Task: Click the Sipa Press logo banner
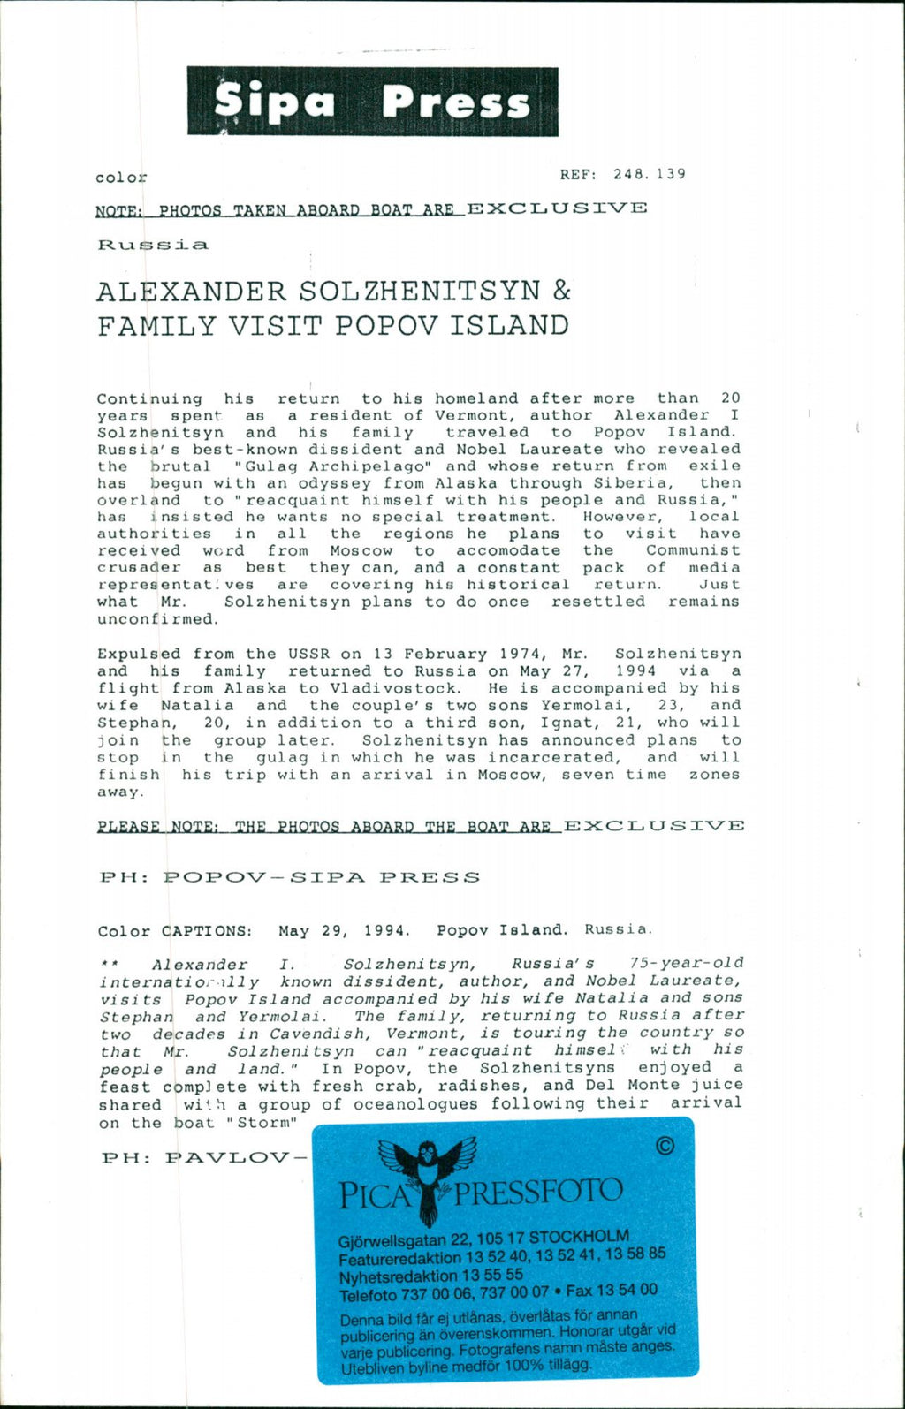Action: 372,102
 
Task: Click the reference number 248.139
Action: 649,174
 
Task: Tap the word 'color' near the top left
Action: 121,178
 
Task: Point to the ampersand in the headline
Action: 561,291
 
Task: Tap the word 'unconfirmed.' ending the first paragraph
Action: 157,619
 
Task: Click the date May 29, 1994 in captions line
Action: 345,930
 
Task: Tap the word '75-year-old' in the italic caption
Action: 687,963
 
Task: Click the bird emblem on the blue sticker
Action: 426,1175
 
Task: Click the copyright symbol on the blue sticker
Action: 665,1147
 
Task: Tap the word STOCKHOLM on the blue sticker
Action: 579,1236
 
